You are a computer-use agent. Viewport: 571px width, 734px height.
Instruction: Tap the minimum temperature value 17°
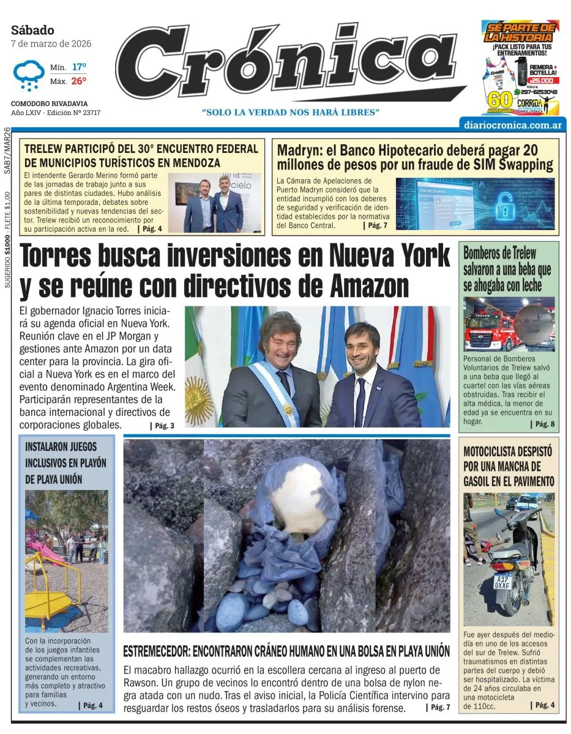click(79, 67)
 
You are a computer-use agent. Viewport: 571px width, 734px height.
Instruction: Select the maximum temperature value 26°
click(79, 81)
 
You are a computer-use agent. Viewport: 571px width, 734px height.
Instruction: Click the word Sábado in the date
click(32, 30)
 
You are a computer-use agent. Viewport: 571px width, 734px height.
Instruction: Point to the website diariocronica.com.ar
click(513, 124)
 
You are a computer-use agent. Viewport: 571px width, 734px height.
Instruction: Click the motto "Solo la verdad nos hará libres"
click(291, 113)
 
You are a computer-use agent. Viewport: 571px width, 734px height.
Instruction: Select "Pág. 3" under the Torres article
click(162, 426)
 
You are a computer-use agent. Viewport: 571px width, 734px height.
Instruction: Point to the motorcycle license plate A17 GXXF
click(504, 581)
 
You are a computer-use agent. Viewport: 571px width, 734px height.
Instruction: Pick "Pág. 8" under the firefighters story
click(542, 424)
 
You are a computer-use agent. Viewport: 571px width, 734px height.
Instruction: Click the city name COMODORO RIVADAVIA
click(49, 104)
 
